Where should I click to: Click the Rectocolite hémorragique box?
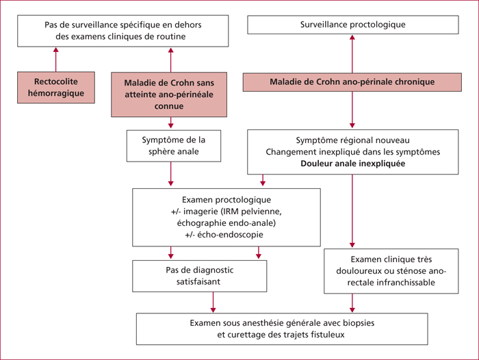click(x=56, y=88)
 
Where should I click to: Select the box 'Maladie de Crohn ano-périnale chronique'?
click(x=352, y=82)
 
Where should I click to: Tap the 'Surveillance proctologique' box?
click(x=353, y=25)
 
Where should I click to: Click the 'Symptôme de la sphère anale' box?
click(x=174, y=146)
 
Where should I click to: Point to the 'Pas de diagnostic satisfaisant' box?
click(x=200, y=276)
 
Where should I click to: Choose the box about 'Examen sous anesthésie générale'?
click(x=282, y=329)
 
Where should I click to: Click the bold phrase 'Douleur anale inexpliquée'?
click(x=353, y=164)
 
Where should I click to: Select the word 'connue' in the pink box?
click(x=169, y=106)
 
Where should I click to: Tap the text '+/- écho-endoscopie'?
click(x=224, y=235)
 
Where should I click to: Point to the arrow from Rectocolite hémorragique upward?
click(x=56, y=60)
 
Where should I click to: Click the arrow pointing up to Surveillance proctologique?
click(x=352, y=53)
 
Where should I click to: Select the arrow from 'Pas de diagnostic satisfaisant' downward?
click(x=213, y=303)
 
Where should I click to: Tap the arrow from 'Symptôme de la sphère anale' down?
click(x=171, y=174)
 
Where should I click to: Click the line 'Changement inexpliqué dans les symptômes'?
click(x=353, y=152)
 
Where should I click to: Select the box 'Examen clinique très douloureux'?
click(x=391, y=271)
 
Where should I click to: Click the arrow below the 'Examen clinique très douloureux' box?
click(x=352, y=303)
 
